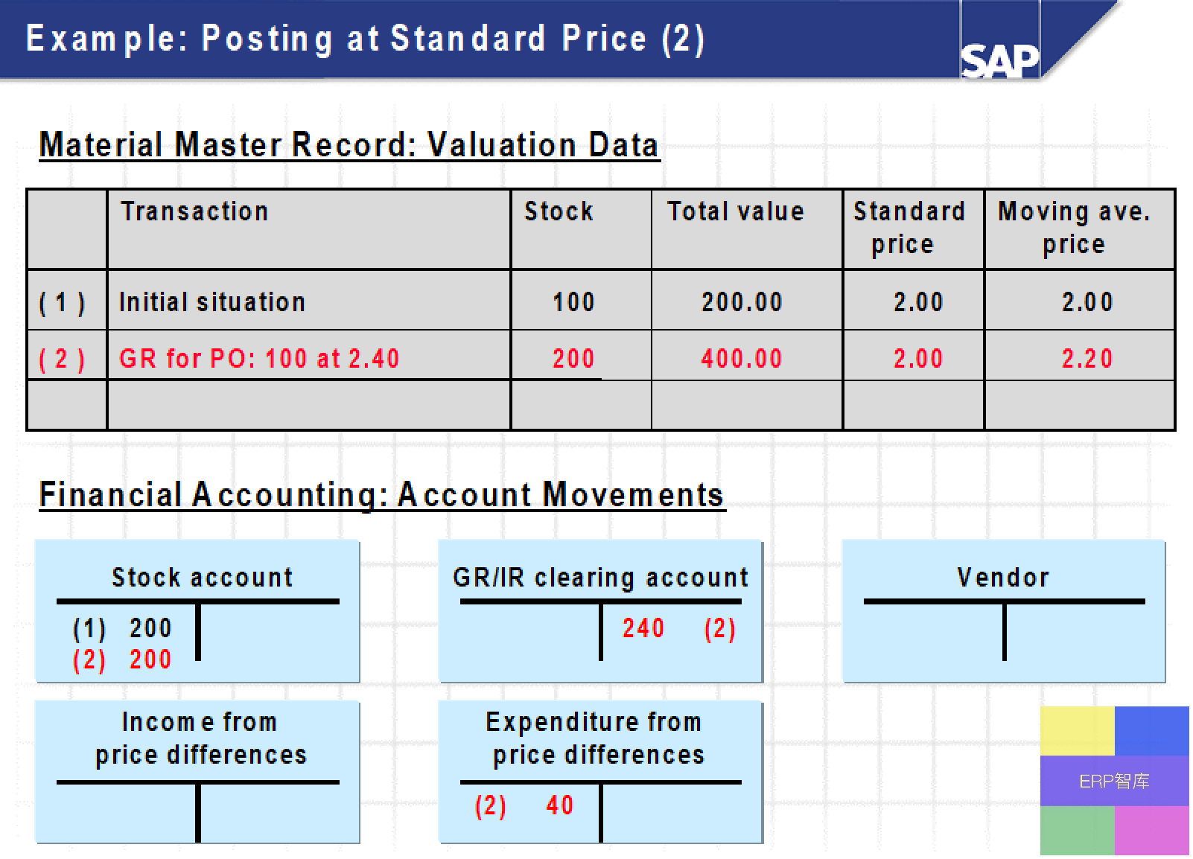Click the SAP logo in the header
(x=999, y=60)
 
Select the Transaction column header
(x=194, y=211)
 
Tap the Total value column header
(x=735, y=211)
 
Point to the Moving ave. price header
(x=1074, y=228)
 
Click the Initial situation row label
(x=212, y=302)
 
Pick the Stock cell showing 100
(x=573, y=302)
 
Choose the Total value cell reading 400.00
(x=741, y=359)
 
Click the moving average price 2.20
(x=1087, y=359)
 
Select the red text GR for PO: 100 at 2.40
(x=259, y=359)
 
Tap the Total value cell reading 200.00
(x=742, y=302)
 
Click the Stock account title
(x=202, y=578)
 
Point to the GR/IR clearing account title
(x=600, y=578)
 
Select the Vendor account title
(x=1003, y=578)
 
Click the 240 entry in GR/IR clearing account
(x=643, y=628)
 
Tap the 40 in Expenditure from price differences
(x=559, y=805)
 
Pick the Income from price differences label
(x=200, y=738)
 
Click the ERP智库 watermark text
(x=1114, y=782)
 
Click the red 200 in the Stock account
(x=150, y=660)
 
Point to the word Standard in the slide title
(x=468, y=39)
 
